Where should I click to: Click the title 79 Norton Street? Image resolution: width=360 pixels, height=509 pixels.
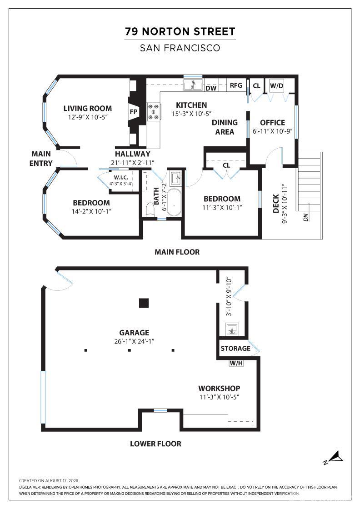click(x=180, y=31)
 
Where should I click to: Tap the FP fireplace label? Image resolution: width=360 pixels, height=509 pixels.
click(x=134, y=112)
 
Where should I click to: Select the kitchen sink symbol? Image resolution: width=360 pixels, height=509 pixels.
click(x=193, y=85)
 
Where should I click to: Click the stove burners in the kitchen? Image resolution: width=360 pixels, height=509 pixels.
click(x=154, y=112)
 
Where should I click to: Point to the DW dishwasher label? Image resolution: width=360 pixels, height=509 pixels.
click(x=211, y=88)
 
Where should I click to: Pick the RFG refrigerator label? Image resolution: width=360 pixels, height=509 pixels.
click(x=236, y=85)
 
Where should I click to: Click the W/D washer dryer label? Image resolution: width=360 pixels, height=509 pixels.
click(x=276, y=86)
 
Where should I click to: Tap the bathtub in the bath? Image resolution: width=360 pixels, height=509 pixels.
click(x=175, y=202)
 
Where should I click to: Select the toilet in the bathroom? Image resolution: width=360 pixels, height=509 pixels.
click(x=150, y=209)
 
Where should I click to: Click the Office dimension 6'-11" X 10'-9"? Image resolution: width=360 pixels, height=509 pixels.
click(x=273, y=131)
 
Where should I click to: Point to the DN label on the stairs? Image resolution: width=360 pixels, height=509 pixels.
click(x=305, y=217)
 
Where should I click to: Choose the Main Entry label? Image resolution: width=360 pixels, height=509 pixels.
click(x=41, y=159)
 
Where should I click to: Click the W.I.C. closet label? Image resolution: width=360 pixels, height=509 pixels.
click(x=121, y=178)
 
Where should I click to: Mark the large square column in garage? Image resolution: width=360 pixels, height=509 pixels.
click(x=144, y=303)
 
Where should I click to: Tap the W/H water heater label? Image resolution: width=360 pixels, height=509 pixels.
click(x=236, y=363)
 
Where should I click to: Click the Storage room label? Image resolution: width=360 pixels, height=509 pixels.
click(x=235, y=348)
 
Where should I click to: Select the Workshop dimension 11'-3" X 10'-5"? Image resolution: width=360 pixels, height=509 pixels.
click(x=220, y=397)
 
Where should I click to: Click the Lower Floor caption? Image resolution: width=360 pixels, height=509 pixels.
click(x=155, y=444)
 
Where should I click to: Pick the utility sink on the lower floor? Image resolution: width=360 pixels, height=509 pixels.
click(x=232, y=329)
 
